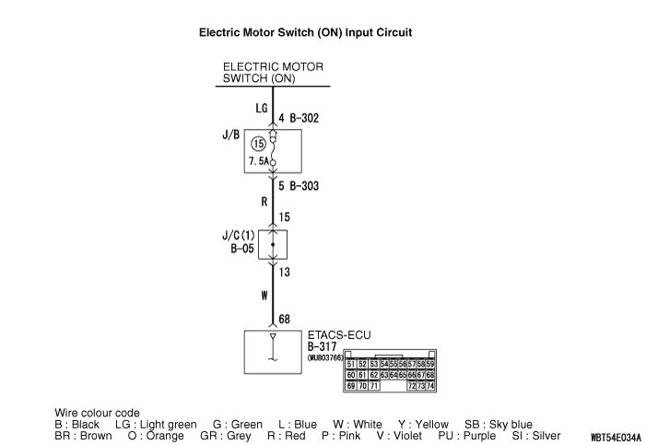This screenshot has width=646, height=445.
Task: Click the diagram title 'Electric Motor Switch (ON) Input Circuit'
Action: pos(305,32)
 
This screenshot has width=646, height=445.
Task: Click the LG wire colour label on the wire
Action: pos(261,108)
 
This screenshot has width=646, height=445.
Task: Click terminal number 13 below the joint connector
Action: pos(284,273)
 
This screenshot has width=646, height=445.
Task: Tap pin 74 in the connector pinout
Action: pos(429,385)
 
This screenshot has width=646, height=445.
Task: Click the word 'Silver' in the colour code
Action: pos(541,435)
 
